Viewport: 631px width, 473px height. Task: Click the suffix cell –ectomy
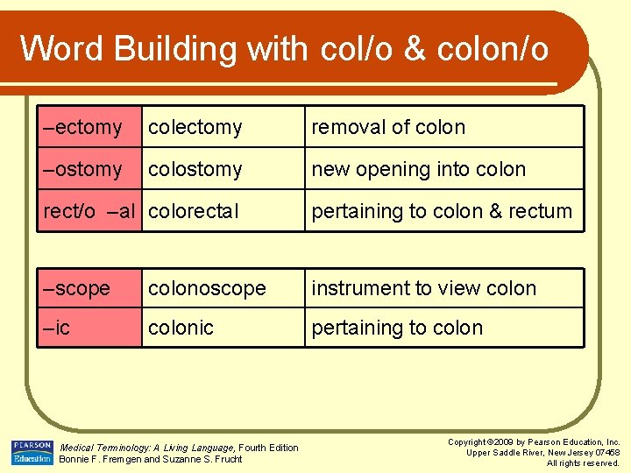(84, 127)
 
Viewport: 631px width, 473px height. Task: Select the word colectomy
(195, 127)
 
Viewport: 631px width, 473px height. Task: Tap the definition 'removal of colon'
(388, 127)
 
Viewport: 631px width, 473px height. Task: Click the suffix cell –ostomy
(84, 169)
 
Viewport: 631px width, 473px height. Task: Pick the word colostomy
(195, 169)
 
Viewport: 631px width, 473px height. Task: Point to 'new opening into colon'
(419, 169)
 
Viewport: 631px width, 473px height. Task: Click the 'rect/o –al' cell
(89, 211)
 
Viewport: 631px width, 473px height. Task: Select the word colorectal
(194, 211)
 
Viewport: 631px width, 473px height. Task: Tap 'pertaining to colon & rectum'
(442, 211)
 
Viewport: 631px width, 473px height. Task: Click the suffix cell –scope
(78, 288)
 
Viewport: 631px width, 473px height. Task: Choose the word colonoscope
(207, 288)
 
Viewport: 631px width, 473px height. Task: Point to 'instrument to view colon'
(423, 288)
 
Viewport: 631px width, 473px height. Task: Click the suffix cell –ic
(58, 328)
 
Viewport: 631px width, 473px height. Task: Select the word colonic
(181, 328)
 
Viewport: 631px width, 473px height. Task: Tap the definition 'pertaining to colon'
(397, 328)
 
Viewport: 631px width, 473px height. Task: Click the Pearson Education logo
(32, 453)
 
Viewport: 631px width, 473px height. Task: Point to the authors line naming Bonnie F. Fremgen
(150, 459)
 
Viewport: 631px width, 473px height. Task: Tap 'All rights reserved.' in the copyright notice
(583, 462)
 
